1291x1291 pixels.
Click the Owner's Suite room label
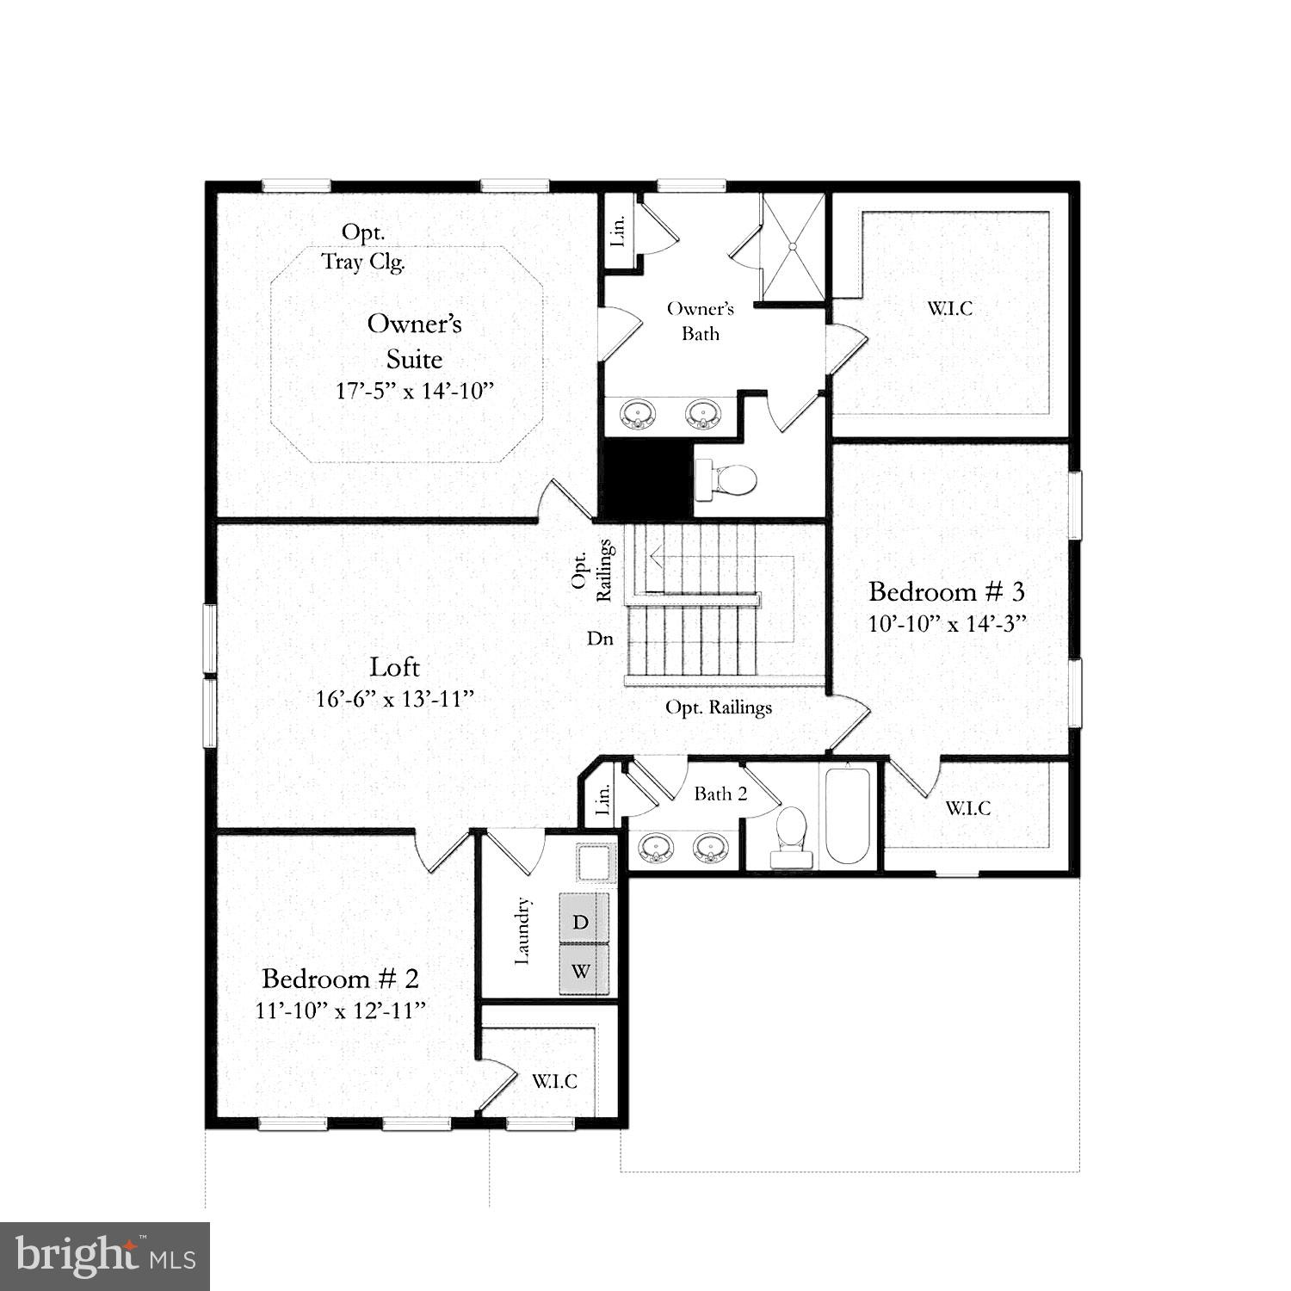414,341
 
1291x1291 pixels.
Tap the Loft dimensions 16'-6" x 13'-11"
395,699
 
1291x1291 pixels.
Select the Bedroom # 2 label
340,979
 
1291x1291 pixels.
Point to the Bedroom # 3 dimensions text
947,623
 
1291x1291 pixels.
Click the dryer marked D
583,922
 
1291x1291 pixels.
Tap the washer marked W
583,971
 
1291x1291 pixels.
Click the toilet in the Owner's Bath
726,480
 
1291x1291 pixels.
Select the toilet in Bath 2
790,837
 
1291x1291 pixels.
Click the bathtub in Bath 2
848,814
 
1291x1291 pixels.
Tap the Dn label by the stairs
600,639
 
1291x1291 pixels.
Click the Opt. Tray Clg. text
363,247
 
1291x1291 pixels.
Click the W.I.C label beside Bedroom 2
554,1081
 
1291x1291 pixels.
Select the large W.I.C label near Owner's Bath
950,308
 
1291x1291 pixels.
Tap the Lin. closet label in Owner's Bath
619,229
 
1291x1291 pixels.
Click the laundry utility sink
595,863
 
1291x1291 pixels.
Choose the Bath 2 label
720,794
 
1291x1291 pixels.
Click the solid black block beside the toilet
646,479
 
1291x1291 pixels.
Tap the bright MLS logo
106,1257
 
